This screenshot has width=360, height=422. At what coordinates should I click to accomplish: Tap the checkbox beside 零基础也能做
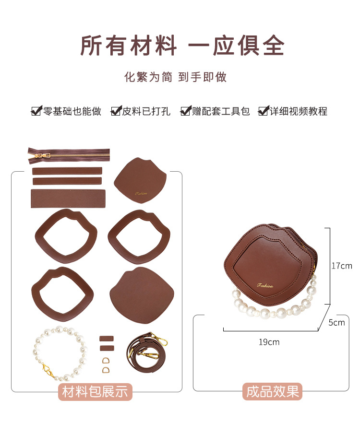[x=36, y=111]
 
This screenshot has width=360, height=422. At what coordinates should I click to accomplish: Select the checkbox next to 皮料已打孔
[x=116, y=111]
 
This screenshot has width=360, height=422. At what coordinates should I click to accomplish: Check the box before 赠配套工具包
[x=186, y=111]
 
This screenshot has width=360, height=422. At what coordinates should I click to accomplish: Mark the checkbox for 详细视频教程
[x=263, y=111]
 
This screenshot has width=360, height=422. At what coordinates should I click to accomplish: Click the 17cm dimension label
[x=342, y=266]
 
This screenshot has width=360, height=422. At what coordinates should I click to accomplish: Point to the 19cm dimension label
[x=269, y=342]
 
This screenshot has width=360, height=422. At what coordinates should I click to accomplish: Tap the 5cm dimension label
[x=336, y=322]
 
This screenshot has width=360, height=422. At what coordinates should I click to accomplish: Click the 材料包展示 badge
[x=95, y=392]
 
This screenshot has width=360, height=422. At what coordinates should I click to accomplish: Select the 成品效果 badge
[x=273, y=391]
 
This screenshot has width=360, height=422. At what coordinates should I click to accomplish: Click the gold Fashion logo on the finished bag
[x=265, y=285]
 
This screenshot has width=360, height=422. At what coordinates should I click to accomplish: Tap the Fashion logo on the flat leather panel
[x=141, y=194]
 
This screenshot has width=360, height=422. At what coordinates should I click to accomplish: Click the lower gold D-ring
[x=106, y=370]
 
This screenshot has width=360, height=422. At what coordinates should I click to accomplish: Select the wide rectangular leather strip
[x=68, y=199]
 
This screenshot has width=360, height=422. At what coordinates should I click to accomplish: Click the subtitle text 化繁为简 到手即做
[x=175, y=77]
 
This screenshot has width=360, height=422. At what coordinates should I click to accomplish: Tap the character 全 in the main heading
[x=274, y=45]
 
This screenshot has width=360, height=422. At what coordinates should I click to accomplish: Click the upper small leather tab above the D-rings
[x=107, y=339]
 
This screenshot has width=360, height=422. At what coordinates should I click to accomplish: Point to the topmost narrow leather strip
[x=67, y=171]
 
